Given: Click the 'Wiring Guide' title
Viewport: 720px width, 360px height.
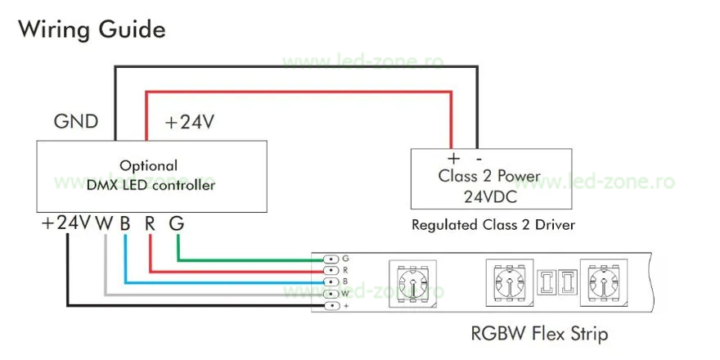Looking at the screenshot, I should tap(92, 31).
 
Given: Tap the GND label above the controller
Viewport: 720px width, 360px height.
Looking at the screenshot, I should tap(76, 122).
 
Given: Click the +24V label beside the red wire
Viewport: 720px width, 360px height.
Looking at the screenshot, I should tap(189, 123).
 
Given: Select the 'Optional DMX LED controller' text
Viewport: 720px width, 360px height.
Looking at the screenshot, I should tap(151, 175).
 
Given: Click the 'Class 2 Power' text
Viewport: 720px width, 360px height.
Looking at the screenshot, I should tap(488, 176).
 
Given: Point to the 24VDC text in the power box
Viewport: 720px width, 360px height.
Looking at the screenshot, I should tap(488, 196).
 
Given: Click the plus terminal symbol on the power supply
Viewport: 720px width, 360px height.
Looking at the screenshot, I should tap(452, 158).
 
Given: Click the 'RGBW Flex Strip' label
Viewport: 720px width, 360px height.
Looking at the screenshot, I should tap(539, 334).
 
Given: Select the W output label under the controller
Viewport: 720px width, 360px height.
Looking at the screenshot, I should tap(104, 223).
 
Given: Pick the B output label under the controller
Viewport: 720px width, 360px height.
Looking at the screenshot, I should tap(125, 223).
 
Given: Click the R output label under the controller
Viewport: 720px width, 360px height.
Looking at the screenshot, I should tap(150, 223).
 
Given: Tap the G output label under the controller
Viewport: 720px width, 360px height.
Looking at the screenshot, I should tap(177, 223).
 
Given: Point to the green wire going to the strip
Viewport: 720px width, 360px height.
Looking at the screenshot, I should tap(245, 260).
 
